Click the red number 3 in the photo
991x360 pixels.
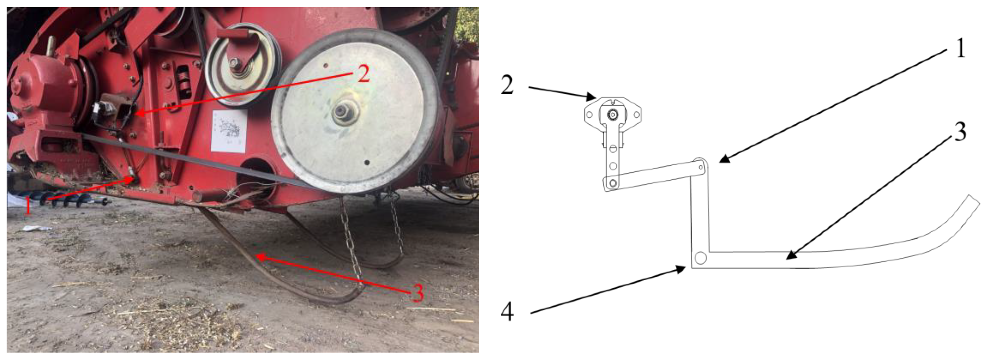tap(417, 293)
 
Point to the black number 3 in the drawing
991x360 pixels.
tap(960, 132)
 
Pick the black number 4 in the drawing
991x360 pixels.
tap(507, 311)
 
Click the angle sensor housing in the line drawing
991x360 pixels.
tap(613, 115)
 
